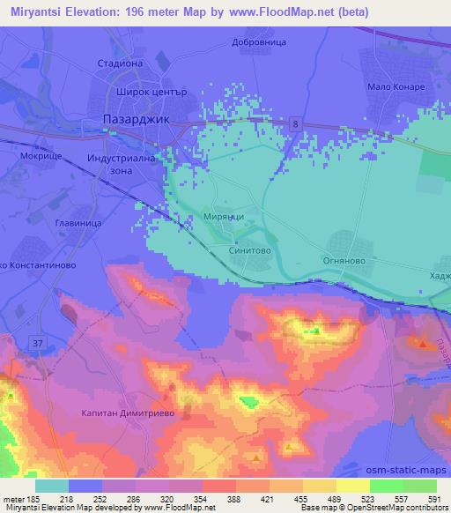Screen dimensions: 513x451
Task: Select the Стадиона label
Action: click(120, 63)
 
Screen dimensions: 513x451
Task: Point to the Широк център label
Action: click(148, 90)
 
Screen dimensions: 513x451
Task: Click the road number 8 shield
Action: click(295, 124)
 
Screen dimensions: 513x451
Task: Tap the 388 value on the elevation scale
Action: click(236, 499)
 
